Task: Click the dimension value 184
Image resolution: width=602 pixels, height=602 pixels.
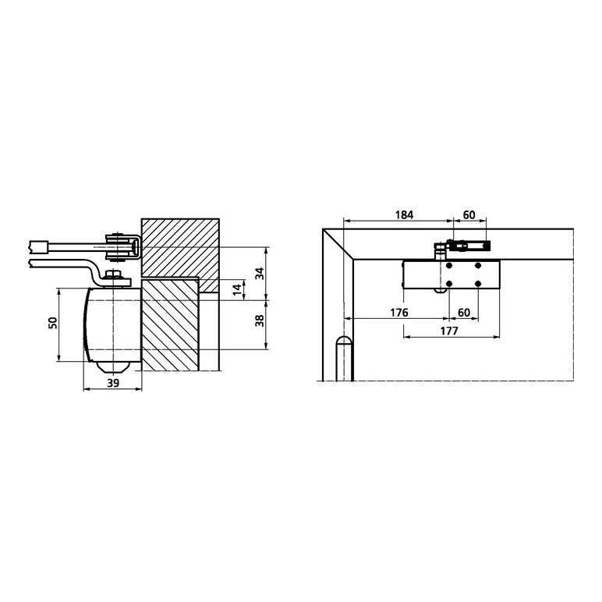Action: pyautogui.click(x=404, y=215)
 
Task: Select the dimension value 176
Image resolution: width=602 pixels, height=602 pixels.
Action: pyautogui.click(x=399, y=313)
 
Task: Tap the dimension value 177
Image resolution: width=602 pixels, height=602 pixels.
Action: pyautogui.click(x=449, y=331)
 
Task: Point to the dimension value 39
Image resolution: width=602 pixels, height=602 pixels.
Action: pyautogui.click(x=113, y=383)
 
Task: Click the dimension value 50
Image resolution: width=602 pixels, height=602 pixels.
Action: pyautogui.click(x=53, y=323)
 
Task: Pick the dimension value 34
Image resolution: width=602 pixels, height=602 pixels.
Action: pyautogui.click(x=260, y=274)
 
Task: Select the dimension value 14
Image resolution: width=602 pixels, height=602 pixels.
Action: pyautogui.click(x=238, y=289)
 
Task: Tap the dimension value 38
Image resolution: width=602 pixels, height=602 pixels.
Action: pyautogui.click(x=260, y=320)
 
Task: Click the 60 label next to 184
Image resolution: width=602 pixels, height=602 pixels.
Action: pyautogui.click(x=469, y=215)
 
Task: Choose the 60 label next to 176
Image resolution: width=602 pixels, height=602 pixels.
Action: pyautogui.click(x=464, y=313)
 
